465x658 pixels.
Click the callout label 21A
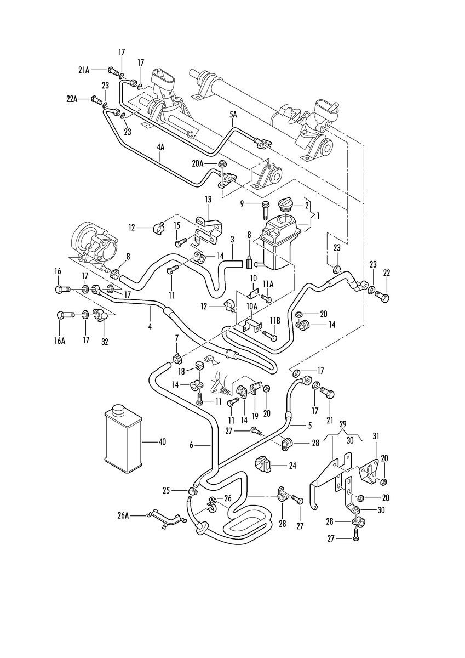tap(84, 70)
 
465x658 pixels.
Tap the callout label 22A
tap(72, 99)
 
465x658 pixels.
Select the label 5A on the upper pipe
tap(233, 115)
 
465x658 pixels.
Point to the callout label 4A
tap(160, 147)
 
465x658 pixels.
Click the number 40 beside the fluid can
tap(162, 441)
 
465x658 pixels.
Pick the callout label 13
tap(208, 200)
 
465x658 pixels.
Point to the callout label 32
tap(105, 342)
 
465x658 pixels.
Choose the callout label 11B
tap(275, 320)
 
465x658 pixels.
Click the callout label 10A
tap(251, 306)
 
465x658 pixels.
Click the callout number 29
tap(343, 424)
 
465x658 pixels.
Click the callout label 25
tap(167, 491)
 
